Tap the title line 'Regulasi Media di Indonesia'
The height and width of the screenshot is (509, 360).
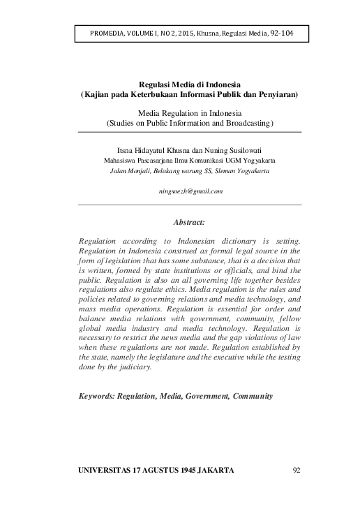189,84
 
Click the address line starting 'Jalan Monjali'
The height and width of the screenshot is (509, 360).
189,170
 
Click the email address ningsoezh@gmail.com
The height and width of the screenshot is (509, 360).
189,190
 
